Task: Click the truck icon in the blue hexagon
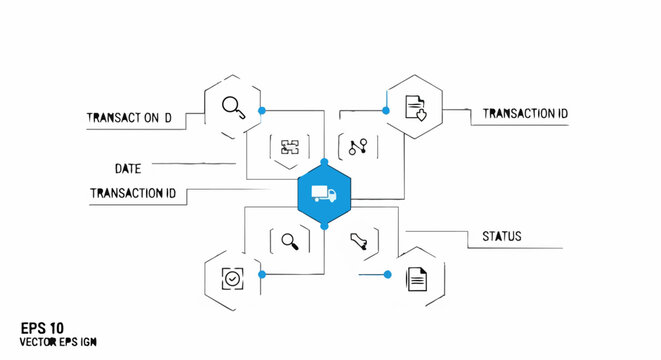point(324,194)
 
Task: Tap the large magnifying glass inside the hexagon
point(233,106)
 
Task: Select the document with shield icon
point(415,107)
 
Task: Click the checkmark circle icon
point(232,277)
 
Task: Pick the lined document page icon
point(417,278)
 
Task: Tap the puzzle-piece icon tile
point(290,148)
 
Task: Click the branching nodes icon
point(358,148)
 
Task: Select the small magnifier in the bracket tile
point(290,240)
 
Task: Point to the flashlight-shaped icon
point(359,241)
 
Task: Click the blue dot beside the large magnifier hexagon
point(262,109)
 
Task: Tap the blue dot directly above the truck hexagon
point(324,161)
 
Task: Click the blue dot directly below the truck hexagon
point(324,227)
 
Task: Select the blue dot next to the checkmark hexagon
point(262,273)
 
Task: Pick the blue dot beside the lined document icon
point(388,273)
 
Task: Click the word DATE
point(127,168)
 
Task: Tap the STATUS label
point(501,237)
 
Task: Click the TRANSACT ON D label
point(129,118)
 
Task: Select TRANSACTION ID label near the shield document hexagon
point(525,114)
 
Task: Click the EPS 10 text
point(42,327)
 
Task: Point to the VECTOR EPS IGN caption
point(58,343)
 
